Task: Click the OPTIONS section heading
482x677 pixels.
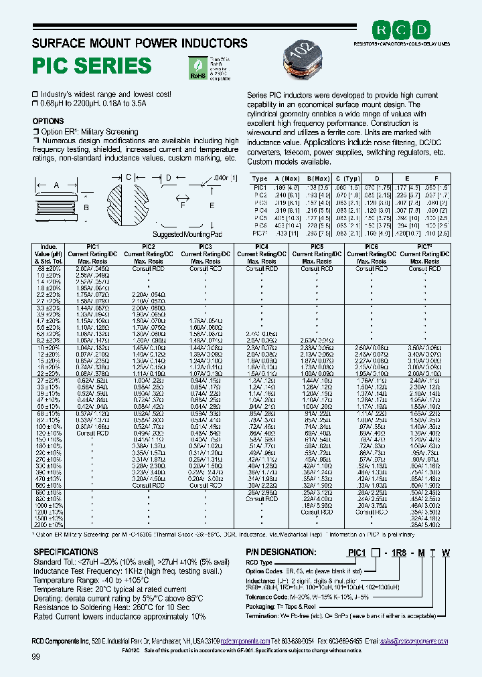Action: pos(48,122)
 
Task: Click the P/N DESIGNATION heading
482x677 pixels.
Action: pos(281,552)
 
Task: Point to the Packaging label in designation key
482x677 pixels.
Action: pos(263,604)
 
